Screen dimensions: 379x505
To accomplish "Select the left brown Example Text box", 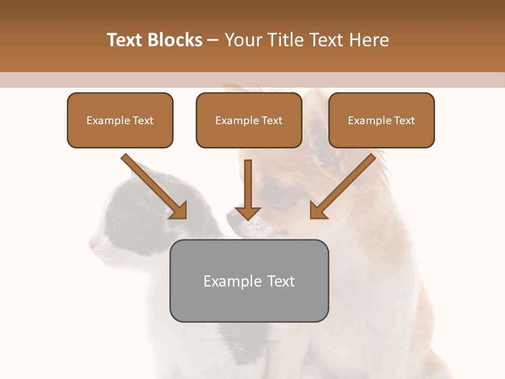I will click(x=120, y=120).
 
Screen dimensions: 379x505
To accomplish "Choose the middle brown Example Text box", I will click(x=249, y=120).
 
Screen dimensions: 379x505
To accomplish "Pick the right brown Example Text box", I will click(x=381, y=120).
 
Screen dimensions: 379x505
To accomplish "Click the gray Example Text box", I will click(x=249, y=281).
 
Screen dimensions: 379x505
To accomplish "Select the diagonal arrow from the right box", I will click(x=344, y=186).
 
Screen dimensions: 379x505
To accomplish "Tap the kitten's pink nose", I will click(x=93, y=244).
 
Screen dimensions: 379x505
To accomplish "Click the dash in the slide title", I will click(x=213, y=40).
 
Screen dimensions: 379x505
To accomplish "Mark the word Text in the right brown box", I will click(x=404, y=120).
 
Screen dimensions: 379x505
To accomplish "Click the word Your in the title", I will click(x=243, y=40).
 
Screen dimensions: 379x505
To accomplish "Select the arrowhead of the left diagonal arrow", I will click(x=178, y=211).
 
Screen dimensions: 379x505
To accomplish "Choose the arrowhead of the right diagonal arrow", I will click(x=318, y=211).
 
